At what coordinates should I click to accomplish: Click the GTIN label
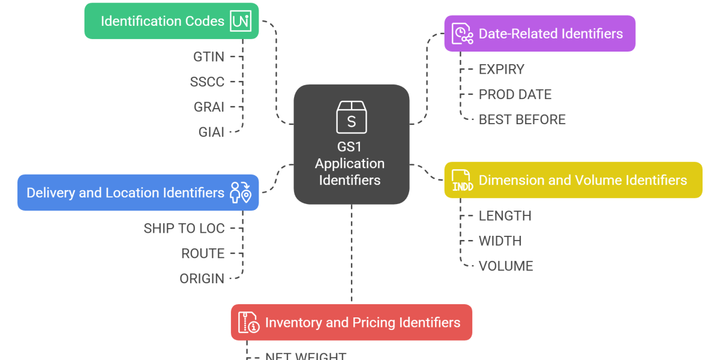coord(208,57)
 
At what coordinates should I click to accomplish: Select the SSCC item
coord(207,82)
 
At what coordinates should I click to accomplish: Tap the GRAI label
coord(208,107)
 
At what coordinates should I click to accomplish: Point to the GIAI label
coord(211,132)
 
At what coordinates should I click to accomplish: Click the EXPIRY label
coord(501,70)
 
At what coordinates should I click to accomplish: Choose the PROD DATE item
coord(515,95)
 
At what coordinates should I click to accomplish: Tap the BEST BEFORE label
coord(522,119)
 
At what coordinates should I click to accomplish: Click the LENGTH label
coord(505,216)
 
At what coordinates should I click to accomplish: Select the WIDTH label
coord(500,241)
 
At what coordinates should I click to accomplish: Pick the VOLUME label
coord(505,266)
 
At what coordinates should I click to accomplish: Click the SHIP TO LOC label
coord(184,229)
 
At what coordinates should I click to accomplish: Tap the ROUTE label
coord(203,254)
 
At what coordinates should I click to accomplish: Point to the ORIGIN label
coord(202,279)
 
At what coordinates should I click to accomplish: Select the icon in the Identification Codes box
coord(241,22)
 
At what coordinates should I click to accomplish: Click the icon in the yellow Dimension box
coord(463,180)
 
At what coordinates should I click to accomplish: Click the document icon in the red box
coord(249,323)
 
